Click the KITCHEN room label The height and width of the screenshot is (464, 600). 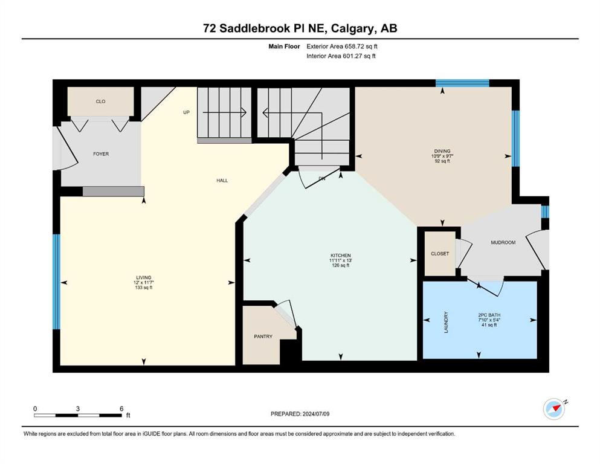click(341, 256)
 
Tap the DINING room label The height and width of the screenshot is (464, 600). click(442, 151)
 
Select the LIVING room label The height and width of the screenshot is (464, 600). click(144, 278)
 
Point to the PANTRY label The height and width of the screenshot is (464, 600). click(263, 337)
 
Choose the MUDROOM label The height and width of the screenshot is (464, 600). click(503, 242)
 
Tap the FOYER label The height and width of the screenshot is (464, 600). click(101, 154)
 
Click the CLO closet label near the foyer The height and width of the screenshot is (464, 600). click(101, 101)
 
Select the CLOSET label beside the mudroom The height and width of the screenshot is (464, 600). click(440, 254)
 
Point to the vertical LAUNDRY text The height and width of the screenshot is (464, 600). click(446, 322)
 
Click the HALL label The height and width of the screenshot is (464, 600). click(222, 181)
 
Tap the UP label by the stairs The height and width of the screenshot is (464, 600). click(186, 112)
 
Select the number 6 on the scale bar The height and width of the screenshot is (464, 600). click(121, 408)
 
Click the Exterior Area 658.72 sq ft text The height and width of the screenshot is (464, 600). click(342, 47)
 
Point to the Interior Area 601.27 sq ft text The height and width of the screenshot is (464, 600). click(341, 56)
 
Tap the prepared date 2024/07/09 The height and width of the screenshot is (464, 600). click(316, 414)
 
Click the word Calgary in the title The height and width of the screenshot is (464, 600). click(353, 28)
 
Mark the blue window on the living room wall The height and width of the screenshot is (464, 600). click(56, 282)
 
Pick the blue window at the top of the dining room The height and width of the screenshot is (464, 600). click(462, 83)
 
